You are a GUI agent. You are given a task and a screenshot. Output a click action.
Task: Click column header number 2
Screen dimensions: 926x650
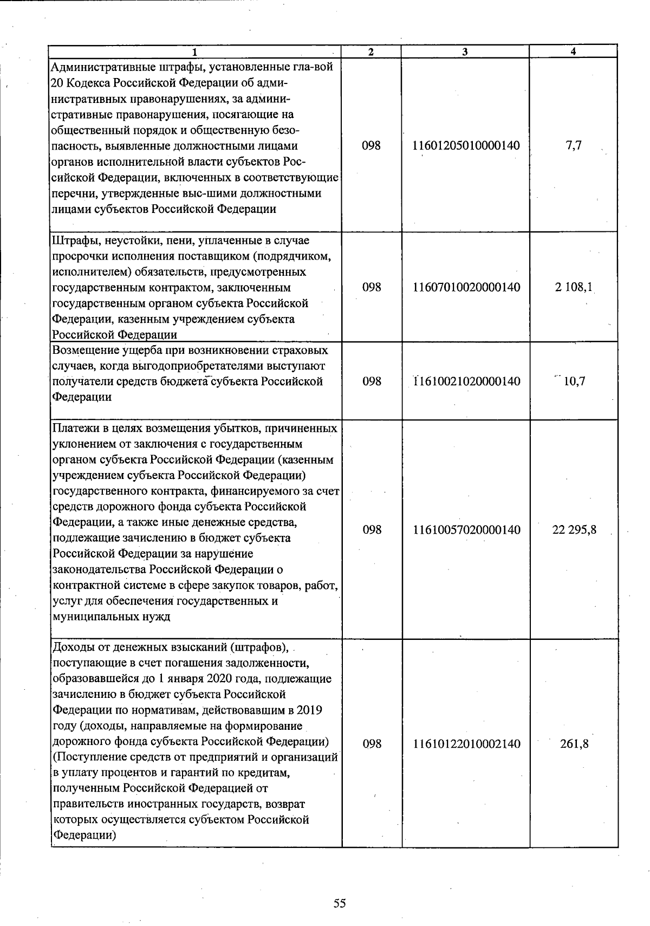(x=371, y=52)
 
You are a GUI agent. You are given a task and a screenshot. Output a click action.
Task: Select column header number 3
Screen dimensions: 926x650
(x=465, y=52)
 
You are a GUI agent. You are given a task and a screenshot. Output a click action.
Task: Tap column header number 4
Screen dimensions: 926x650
(x=574, y=51)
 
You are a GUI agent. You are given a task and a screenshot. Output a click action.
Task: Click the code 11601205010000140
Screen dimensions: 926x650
(x=466, y=146)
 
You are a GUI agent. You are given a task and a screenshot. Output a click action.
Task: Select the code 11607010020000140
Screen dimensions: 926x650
(x=466, y=287)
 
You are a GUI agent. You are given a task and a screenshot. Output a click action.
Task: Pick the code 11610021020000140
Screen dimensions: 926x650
(x=466, y=381)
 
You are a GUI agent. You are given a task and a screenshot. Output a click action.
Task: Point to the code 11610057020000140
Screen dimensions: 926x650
(x=466, y=529)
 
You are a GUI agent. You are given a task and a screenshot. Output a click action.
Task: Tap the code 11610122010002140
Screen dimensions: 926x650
(x=466, y=744)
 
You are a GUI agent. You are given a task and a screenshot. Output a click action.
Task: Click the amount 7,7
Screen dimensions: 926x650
(x=574, y=146)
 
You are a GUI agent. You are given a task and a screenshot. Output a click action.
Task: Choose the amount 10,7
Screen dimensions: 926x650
(x=574, y=381)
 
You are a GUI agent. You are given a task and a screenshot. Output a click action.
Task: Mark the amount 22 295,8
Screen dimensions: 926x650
(x=574, y=529)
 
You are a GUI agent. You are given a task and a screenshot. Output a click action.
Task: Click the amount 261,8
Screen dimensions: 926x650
(x=574, y=744)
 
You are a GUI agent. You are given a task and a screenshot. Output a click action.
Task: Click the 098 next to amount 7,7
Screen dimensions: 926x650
(x=372, y=146)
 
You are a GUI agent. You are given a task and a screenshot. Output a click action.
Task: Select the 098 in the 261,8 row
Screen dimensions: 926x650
(x=372, y=744)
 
